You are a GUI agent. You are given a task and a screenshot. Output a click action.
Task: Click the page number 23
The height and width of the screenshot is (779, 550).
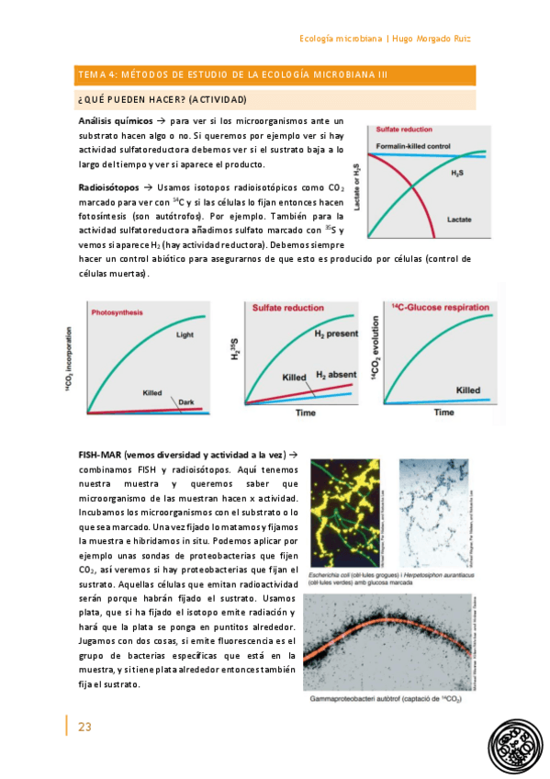click(84, 727)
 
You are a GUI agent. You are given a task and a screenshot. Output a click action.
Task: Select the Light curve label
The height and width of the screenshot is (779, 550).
click(185, 335)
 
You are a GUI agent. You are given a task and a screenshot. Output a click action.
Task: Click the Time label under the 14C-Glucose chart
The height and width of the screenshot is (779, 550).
click(443, 412)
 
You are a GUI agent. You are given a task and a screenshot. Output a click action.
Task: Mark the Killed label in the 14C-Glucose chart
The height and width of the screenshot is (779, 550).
click(469, 389)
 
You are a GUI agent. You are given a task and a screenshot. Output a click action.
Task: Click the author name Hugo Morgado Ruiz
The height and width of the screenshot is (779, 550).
click(433, 38)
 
